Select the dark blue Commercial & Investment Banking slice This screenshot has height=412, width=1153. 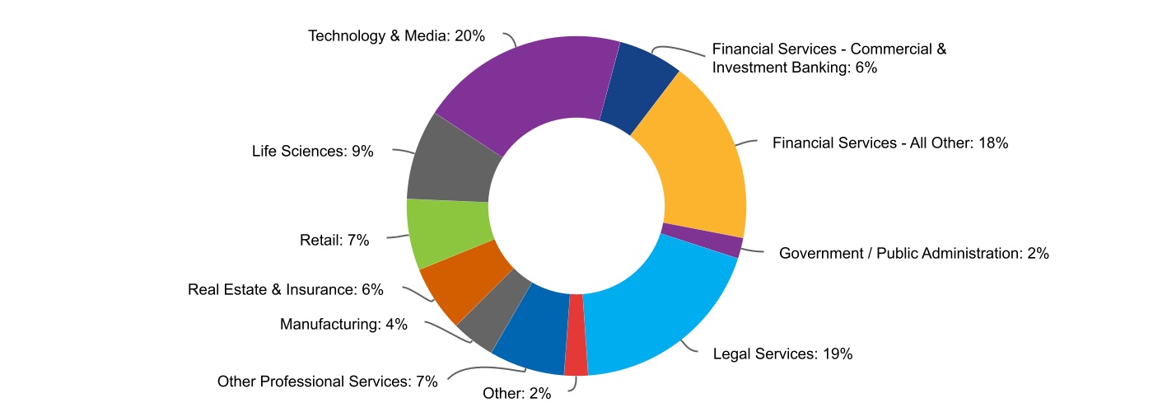[x=641, y=87]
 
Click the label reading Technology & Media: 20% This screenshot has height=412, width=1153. [x=396, y=36]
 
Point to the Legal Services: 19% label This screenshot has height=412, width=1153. [x=782, y=354]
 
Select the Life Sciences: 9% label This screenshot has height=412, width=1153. [x=313, y=151]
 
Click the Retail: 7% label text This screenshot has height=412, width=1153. [x=334, y=241]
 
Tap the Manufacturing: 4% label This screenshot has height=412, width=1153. [x=343, y=324]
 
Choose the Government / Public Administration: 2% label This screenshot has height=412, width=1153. [x=913, y=254]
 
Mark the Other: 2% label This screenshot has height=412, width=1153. [x=516, y=393]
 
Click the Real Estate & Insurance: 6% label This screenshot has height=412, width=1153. [x=286, y=289]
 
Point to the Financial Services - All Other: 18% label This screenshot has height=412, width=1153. [x=890, y=143]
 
